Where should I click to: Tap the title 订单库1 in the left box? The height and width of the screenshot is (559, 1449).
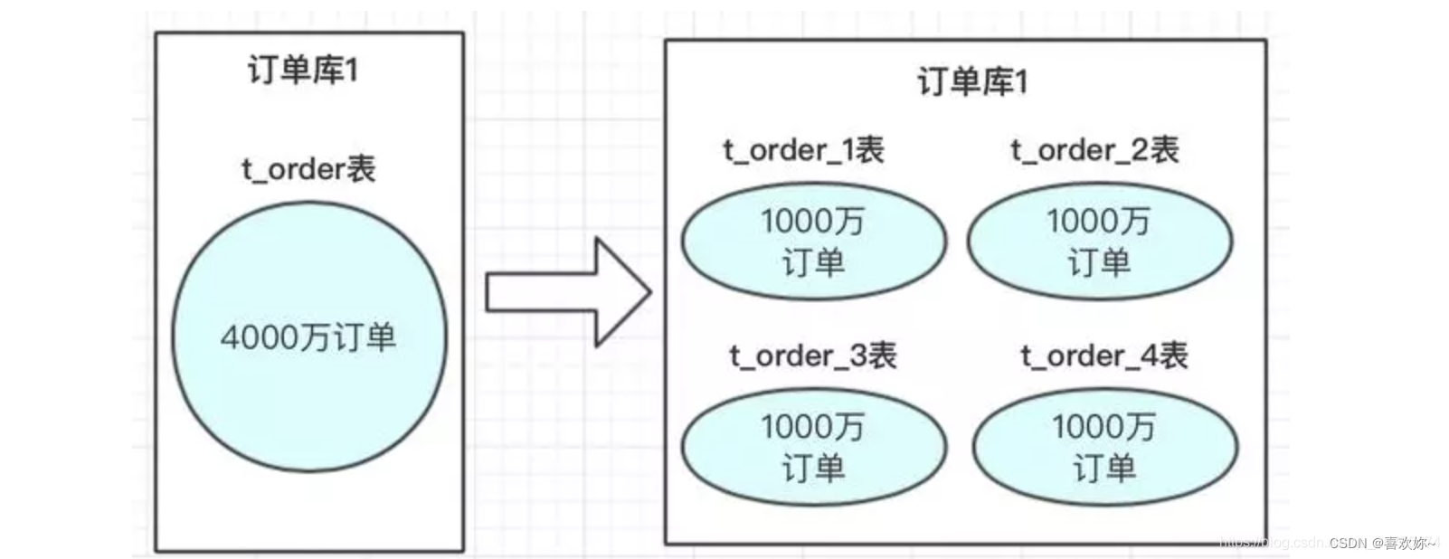303,70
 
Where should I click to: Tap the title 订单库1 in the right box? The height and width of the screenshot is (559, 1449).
972,81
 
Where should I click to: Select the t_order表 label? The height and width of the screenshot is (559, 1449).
308,169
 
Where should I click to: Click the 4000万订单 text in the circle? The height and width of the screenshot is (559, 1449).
308,337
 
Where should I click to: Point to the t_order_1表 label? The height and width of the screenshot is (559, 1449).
804,150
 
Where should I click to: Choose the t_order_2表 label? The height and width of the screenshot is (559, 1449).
1094,150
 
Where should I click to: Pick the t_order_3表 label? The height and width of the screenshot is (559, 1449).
813,355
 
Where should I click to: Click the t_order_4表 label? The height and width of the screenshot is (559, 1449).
1104,355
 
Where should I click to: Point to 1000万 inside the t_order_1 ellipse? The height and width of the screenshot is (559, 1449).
812,221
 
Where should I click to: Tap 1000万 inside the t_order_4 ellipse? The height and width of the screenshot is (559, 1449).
1103,426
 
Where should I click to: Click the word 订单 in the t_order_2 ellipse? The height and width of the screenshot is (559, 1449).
1099,263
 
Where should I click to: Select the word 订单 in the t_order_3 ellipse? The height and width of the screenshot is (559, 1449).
813,469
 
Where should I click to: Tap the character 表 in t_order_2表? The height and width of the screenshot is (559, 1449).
1165,150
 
